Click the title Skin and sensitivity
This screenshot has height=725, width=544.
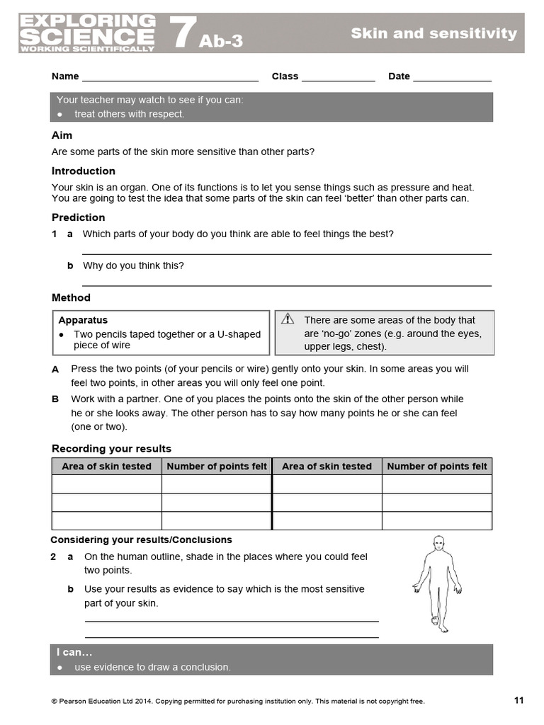pyautogui.click(x=433, y=33)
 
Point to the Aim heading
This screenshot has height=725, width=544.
pyautogui.click(x=62, y=135)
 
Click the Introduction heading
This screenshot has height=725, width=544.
pyautogui.click(x=84, y=171)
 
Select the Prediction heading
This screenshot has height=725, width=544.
pyautogui.click(x=79, y=217)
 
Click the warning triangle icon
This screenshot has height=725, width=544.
pyautogui.click(x=287, y=319)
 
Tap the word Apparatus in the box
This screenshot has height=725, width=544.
pyautogui.click(x=84, y=320)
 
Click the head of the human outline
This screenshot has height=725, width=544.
pyautogui.click(x=438, y=542)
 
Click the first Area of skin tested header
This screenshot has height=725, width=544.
pyautogui.click(x=107, y=466)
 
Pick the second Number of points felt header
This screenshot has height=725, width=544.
pyautogui.click(x=437, y=466)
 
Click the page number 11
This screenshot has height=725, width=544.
pyautogui.click(x=518, y=700)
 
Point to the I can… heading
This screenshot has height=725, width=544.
pyautogui.click(x=74, y=652)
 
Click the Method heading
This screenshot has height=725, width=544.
pyautogui.click(x=71, y=297)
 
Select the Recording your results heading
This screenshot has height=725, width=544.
pyautogui.click(x=111, y=448)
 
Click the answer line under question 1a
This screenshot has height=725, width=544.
pyautogui.click(x=287, y=253)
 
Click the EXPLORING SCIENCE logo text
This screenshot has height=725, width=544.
pyautogui.click(x=87, y=31)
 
